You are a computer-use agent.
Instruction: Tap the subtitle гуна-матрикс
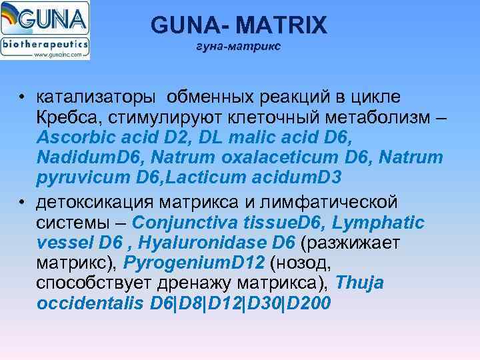coord(238,47)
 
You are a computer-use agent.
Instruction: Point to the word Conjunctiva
coord(187,221)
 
